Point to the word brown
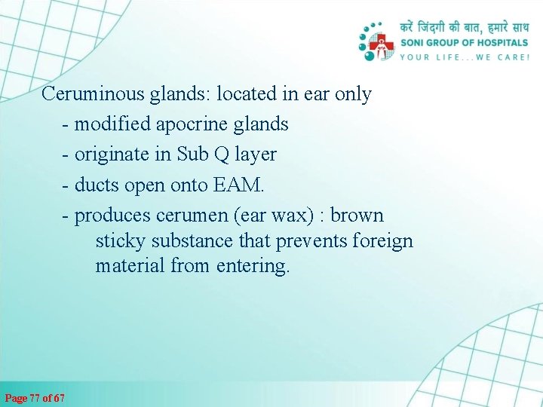(x=357, y=216)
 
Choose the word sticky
(x=121, y=241)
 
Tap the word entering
(x=252, y=266)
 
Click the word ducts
(x=97, y=185)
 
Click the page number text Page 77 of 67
(x=35, y=397)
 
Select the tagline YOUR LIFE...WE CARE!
(x=464, y=57)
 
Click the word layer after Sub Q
(x=256, y=155)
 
